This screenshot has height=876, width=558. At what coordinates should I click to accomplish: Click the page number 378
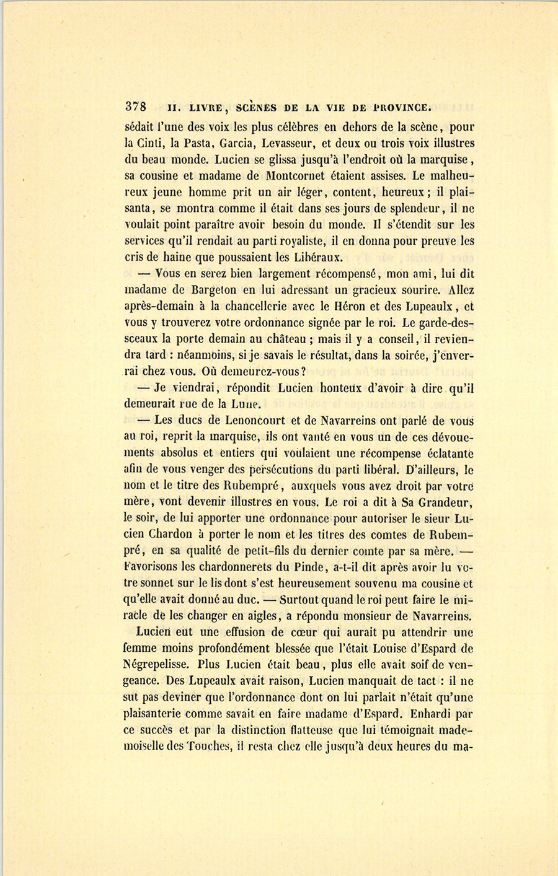(135, 105)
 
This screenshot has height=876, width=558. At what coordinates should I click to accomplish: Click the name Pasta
(198, 144)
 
